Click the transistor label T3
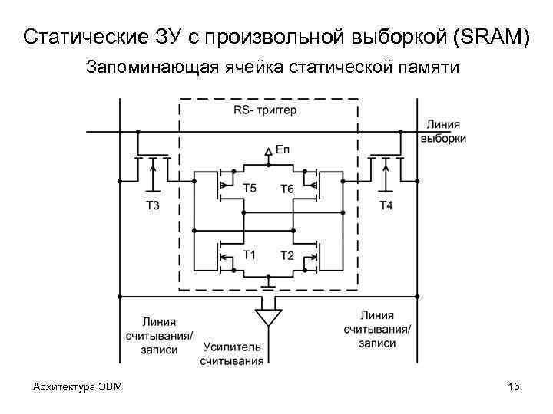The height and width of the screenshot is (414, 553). click(x=152, y=205)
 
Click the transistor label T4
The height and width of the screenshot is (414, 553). click(x=386, y=205)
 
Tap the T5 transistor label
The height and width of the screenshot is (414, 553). click(x=249, y=188)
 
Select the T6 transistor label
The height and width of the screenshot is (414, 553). click(x=286, y=189)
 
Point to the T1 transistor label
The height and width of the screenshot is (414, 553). click(x=249, y=255)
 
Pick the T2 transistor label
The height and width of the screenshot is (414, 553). click(x=286, y=255)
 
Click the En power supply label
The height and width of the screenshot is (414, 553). click(x=282, y=152)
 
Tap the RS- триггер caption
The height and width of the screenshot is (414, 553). click(x=265, y=110)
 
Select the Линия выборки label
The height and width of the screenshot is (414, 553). click(x=442, y=132)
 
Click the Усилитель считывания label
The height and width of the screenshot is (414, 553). click(x=232, y=353)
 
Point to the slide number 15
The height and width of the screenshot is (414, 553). click(x=514, y=386)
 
